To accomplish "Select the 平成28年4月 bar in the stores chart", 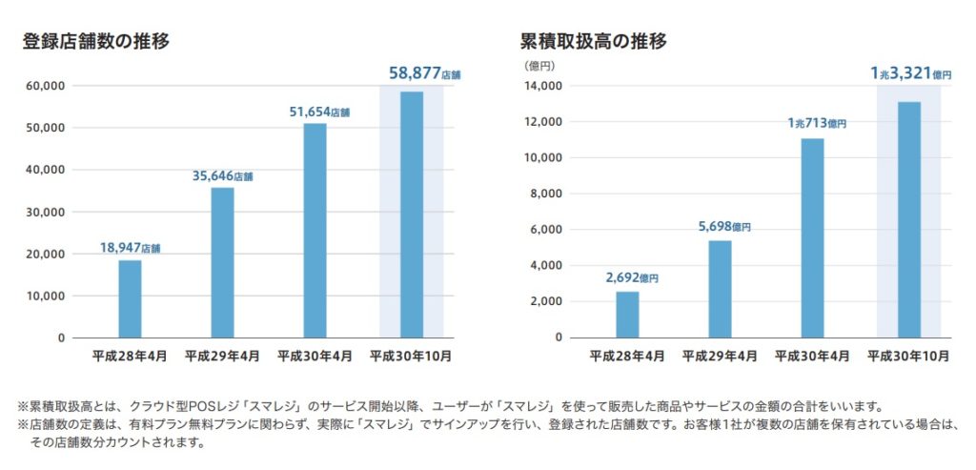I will pos(130,298).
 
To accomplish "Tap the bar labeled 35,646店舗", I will pos(222,262).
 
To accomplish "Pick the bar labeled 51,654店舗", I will pos(315,230).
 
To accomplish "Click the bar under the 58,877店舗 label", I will pos(412,215).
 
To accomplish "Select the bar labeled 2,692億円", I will pos(627,315).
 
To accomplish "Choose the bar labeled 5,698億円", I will pos(720,289).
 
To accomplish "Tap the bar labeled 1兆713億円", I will pos(812,237).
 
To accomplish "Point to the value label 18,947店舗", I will pos(130,248).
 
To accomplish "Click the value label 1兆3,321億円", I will pos(910,73).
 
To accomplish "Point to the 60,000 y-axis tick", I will pos(45,86).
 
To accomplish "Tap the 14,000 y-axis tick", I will pos(542,86).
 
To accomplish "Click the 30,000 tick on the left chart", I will pos(45,212).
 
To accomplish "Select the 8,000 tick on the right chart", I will pos(546,194).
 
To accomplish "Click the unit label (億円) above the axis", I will pos(539,66).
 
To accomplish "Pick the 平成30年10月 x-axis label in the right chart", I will pos(908,356).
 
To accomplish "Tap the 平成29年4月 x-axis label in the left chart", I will pos(222,356).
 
